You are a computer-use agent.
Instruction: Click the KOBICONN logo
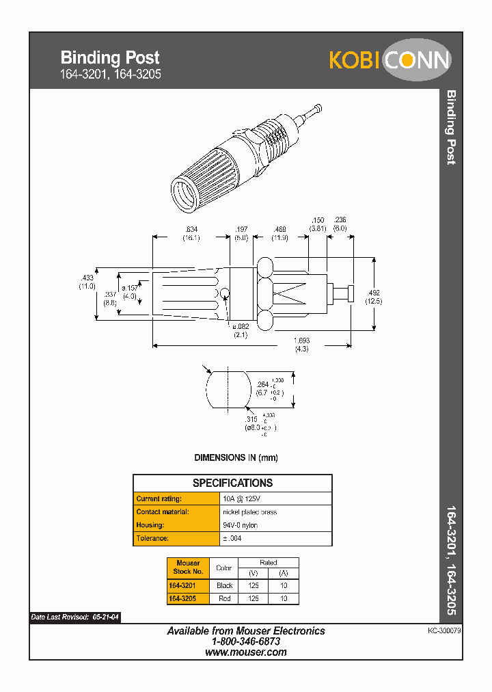(x=389, y=60)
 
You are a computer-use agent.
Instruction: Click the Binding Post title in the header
(x=110, y=57)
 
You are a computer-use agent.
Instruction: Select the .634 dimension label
(x=190, y=229)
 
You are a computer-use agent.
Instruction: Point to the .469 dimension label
(x=279, y=229)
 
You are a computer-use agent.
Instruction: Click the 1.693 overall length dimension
(x=301, y=341)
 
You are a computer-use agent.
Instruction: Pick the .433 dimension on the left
(x=87, y=278)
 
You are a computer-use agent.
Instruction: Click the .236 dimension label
(x=340, y=220)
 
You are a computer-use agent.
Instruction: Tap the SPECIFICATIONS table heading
(x=232, y=483)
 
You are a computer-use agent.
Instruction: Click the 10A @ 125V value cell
(x=241, y=499)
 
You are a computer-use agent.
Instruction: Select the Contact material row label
(x=162, y=512)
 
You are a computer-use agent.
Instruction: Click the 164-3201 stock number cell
(x=183, y=586)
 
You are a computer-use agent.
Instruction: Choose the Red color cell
(x=224, y=599)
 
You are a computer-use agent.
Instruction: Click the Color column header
(x=224, y=567)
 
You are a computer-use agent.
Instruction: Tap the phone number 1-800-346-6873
(x=246, y=642)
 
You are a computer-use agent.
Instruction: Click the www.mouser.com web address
(x=246, y=652)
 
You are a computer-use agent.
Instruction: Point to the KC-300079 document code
(x=440, y=633)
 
